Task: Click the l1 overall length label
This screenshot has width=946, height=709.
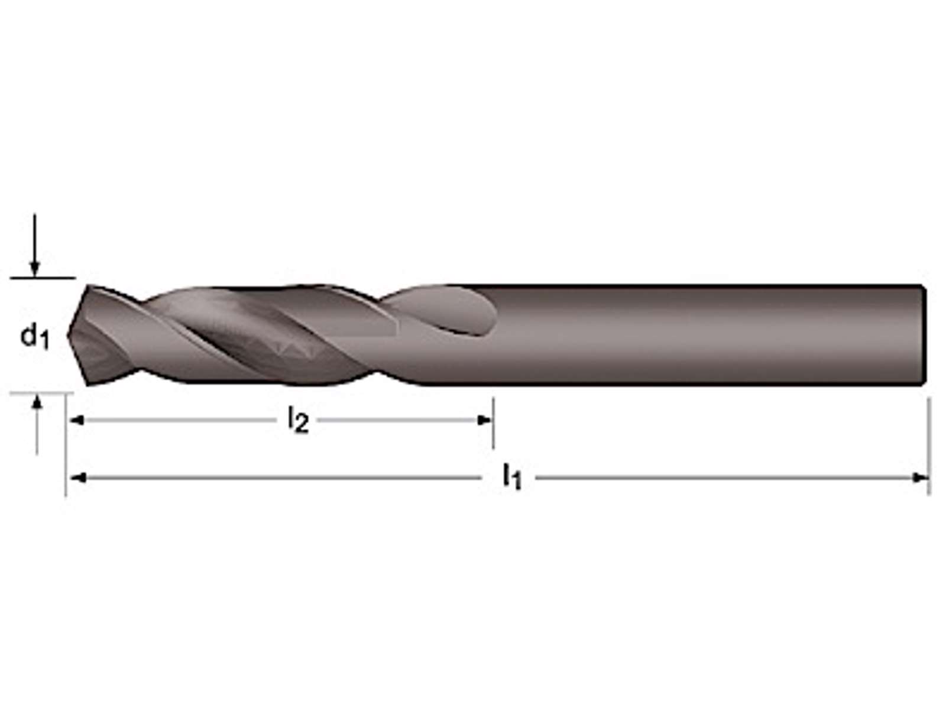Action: tap(512, 477)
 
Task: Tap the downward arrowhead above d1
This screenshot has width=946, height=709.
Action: tap(35, 269)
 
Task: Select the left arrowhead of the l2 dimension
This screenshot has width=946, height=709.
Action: tap(76, 419)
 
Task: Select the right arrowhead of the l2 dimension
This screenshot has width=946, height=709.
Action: tap(484, 419)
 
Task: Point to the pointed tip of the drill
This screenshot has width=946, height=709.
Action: tap(68, 335)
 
